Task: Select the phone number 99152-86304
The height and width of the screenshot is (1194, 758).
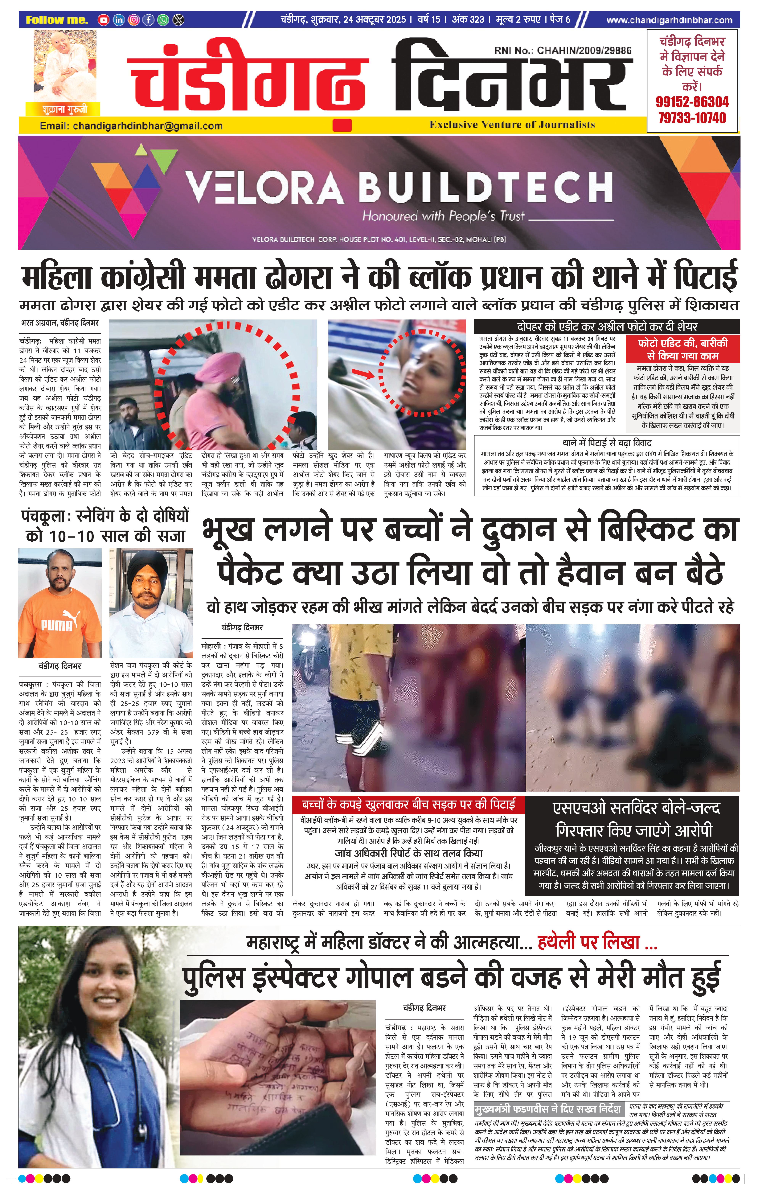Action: click(x=692, y=102)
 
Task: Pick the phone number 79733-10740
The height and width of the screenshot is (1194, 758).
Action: click(x=692, y=118)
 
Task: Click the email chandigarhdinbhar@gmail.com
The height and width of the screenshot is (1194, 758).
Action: click(x=131, y=126)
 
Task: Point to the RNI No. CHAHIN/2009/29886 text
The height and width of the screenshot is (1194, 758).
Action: click(x=563, y=50)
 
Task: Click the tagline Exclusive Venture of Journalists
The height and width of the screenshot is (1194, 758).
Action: click(x=512, y=125)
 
